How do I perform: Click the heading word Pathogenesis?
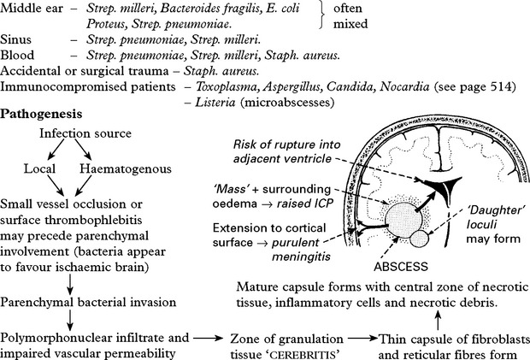click(41, 115)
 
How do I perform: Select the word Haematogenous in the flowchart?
click(126, 168)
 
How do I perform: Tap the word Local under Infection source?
click(39, 168)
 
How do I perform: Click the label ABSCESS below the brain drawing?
click(401, 267)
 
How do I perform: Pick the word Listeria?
click(215, 102)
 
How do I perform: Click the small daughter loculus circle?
click(420, 239)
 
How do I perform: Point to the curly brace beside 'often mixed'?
click(322, 16)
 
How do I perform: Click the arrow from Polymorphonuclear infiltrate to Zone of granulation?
click(209, 338)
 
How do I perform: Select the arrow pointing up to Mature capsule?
click(438, 320)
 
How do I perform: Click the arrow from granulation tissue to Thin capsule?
click(362, 338)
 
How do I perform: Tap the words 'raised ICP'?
click(305, 204)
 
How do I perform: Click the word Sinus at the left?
click(15, 39)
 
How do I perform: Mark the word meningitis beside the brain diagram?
click(301, 257)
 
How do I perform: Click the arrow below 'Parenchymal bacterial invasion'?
click(70, 321)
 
